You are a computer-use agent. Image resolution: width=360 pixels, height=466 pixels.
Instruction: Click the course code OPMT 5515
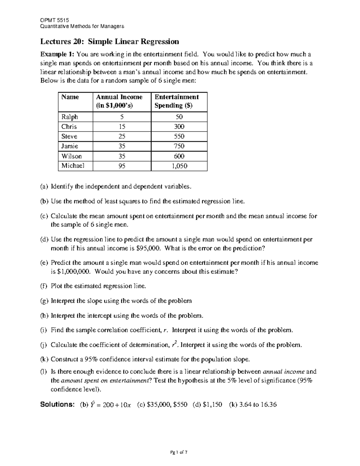(x=55, y=20)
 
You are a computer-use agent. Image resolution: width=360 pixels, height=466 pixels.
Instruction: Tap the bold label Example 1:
(x=57, y=54)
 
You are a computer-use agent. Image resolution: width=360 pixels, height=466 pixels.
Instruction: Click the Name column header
(x=70, y=97)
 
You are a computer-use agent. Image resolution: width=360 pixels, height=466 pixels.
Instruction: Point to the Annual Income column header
(x=119, y=101)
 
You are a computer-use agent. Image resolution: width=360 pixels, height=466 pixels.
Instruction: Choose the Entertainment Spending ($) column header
(x=176, y=101)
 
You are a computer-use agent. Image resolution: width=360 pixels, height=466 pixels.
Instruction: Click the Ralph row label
(x=70, y=117)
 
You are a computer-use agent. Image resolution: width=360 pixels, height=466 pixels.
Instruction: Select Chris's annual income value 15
(x=122, y=127)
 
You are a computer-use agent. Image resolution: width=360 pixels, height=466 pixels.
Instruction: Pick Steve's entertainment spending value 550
(x=179, y=136)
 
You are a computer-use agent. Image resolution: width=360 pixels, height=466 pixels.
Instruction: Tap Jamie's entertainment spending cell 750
(x=179, y=146)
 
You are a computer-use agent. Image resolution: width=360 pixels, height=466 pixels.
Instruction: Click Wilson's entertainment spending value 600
(x=179, y=156)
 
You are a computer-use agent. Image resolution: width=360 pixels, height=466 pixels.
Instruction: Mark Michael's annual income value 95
(x=122, y=166)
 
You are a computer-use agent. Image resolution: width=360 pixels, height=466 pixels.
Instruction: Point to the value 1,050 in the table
(x=179, y=166)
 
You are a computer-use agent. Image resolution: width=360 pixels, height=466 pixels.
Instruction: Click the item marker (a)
(x=44, y=187)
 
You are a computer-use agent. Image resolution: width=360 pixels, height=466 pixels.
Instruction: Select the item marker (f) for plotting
(x=44, y=286)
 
